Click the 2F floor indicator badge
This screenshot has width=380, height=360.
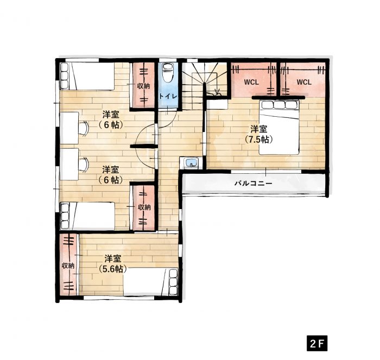point(317,343)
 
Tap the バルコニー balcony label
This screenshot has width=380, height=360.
point(253,184)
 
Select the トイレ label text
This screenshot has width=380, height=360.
point(168,96)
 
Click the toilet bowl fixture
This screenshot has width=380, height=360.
point(167,72)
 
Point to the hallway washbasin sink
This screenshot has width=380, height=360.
point(191,162)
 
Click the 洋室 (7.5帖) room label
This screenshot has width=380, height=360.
point(259,134)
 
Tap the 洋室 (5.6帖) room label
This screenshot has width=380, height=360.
point(113,264)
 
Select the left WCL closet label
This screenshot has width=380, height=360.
point(251,82)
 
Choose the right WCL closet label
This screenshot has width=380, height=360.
point(304,82)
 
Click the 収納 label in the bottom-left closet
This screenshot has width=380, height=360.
point(68,266)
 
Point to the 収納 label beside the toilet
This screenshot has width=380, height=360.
point(143,86)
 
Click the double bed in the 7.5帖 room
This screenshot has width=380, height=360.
point(279,127)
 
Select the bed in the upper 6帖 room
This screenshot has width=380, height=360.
point(87,77)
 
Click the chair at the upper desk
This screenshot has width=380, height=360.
point(84,128)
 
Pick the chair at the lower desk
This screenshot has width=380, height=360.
point(84,164)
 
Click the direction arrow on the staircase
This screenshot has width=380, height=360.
point(217,91)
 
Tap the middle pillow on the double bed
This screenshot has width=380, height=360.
point(279,104)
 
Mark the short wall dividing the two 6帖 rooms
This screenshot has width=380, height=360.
point(142,146)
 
